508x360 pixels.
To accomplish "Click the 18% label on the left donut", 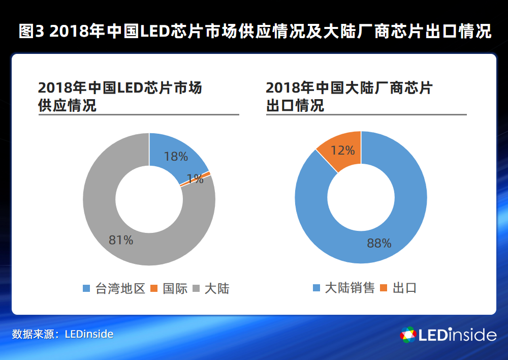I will pyautogui.click(x=176, y=157).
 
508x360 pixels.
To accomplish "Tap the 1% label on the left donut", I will pyautogui.click(x=195, y=179).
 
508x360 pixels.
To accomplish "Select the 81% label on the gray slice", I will pyautogui.click(x=121, y=240).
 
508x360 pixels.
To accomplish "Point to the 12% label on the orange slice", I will pyautogui.click(x=343, y=151).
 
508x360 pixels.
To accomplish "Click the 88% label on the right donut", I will pyautogui.click(x=379, y=244).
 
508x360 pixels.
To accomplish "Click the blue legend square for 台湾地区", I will pyautogui.click(x=86, y=289).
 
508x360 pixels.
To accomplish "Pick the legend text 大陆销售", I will pyautogui.click(x=350, y=288).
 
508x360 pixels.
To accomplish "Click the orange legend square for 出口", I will pyautogui.click(x=383, y=288).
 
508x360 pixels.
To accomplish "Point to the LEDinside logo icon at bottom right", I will pyautogui.click(x=408, y=335).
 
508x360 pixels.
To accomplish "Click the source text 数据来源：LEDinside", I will pyautogui.click(x=62, y=334).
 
